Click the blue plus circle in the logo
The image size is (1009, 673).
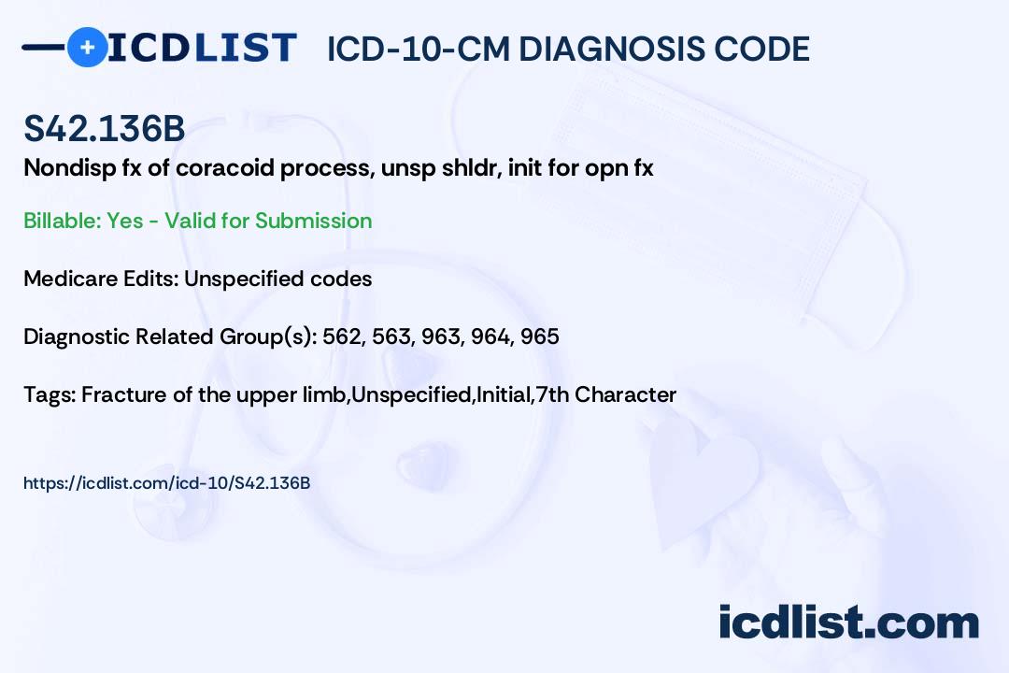pos(87,47)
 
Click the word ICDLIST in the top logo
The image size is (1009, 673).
pos(202,48)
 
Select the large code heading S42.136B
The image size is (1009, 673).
pos(105,128)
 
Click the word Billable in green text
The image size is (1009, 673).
pos(61,221)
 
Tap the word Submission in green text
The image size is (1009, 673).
pos(313,221)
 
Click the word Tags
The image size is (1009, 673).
pos(49,394)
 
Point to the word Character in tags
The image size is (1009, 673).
pos(625,394)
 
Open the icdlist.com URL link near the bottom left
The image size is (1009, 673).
pos(166,483)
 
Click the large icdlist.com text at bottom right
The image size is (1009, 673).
pos(848,623)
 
